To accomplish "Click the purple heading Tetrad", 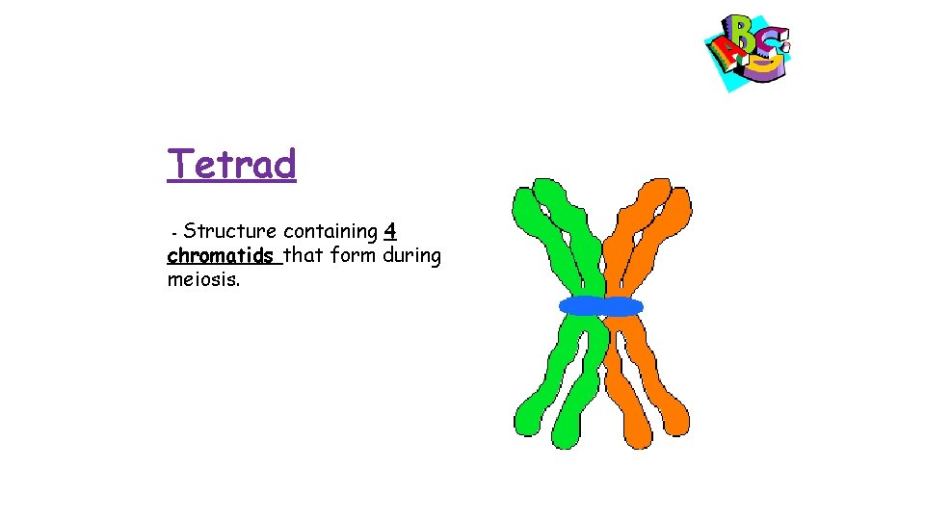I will tap(231, 165).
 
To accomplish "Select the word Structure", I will tap(230, 231).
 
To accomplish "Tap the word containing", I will tap(330, 231).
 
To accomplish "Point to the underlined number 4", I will tap(390, 231).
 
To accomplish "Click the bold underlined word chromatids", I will tap(222, 256).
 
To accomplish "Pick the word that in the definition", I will tap(304, 256).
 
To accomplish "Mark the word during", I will tap(412, 256).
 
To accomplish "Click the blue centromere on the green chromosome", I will tap(580, 306).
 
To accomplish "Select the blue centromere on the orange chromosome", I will tap(621, 306).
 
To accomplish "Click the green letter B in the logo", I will tap(744, 35).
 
